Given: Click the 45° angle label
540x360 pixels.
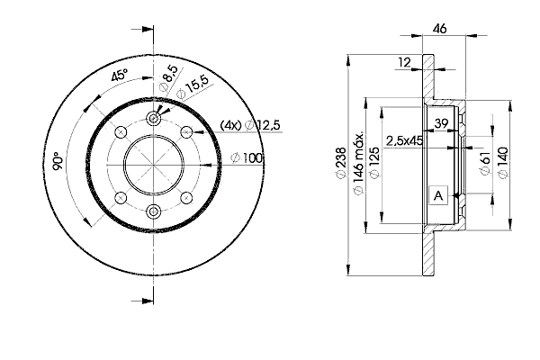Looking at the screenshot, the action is (x=119, y=75).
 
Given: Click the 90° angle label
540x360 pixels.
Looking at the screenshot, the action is (x=58, y=161).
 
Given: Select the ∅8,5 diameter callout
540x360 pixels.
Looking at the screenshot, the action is (x=169, y=78).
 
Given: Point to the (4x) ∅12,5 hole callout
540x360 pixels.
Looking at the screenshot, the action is (x=250, y=125).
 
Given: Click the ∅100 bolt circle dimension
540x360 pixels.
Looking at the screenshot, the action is (x=247, y=158).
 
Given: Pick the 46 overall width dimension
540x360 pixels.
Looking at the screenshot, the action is (x=439, y=28).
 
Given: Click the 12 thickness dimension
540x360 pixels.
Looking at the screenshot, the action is (x=404, y=62).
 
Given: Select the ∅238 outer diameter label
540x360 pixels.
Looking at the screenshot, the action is (x=341, y=163).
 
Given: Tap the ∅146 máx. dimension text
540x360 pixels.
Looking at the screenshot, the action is (x=358, y=162).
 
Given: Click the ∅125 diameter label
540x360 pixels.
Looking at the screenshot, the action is (x=374, y=163).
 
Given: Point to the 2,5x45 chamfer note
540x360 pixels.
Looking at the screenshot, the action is (x=404, y=140).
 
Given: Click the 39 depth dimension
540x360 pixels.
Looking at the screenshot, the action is (x=441, y=123).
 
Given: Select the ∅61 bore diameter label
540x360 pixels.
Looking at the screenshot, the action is (x=485, y=163).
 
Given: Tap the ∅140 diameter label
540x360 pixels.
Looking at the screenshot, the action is (x=503, y=163).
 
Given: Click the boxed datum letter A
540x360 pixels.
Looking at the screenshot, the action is (x=438, y=195).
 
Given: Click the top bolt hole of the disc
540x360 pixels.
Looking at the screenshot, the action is (x=153, y=119).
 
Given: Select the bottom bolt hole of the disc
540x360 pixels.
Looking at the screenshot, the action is (x=153, y=211).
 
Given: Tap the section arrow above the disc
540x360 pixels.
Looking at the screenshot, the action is (x=142, y=30).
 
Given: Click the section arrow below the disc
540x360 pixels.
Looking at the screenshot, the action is (x=142, y=301).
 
